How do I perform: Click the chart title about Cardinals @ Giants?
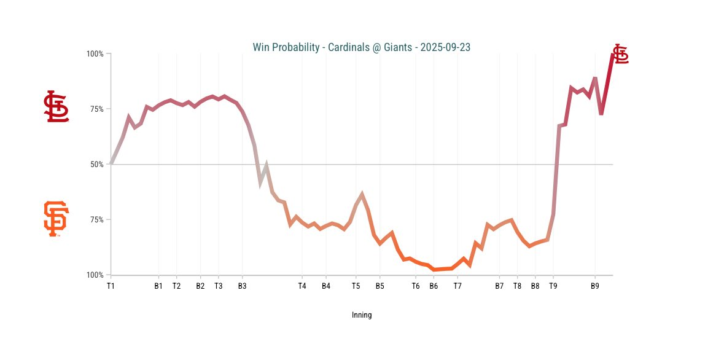(362, 47)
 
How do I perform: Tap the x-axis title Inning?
(362, 315)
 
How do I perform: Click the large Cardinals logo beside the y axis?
(56, 106)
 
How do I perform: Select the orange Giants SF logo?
(56, 219)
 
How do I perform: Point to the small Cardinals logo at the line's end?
(621, 54)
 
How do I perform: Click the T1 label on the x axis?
(111, 286)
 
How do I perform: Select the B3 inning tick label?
(242, 286)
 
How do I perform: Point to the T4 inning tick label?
(302, 286)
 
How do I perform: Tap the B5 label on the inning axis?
(380, 286)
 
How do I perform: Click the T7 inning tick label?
(457, 286)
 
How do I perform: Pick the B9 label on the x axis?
(594, 286)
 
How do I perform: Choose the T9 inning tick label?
(553, 286)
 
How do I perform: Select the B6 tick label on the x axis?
(434, 286)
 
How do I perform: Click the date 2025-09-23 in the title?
(445, 47)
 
